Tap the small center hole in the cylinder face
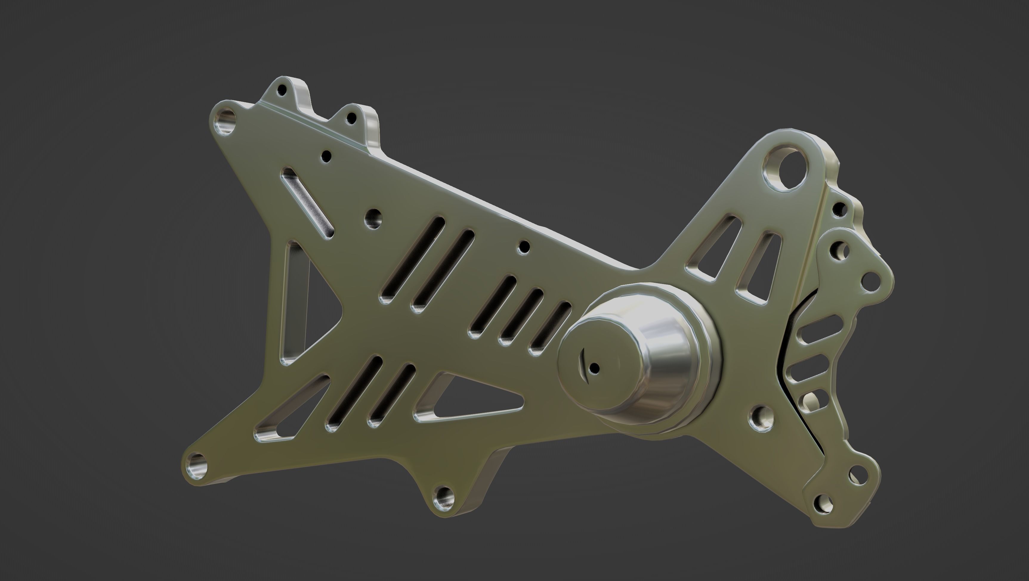[x=594, y=367]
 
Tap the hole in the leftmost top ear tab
[x=282, y=90]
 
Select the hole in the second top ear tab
[x=352, y=118]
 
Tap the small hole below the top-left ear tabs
[x=327, y=156]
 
